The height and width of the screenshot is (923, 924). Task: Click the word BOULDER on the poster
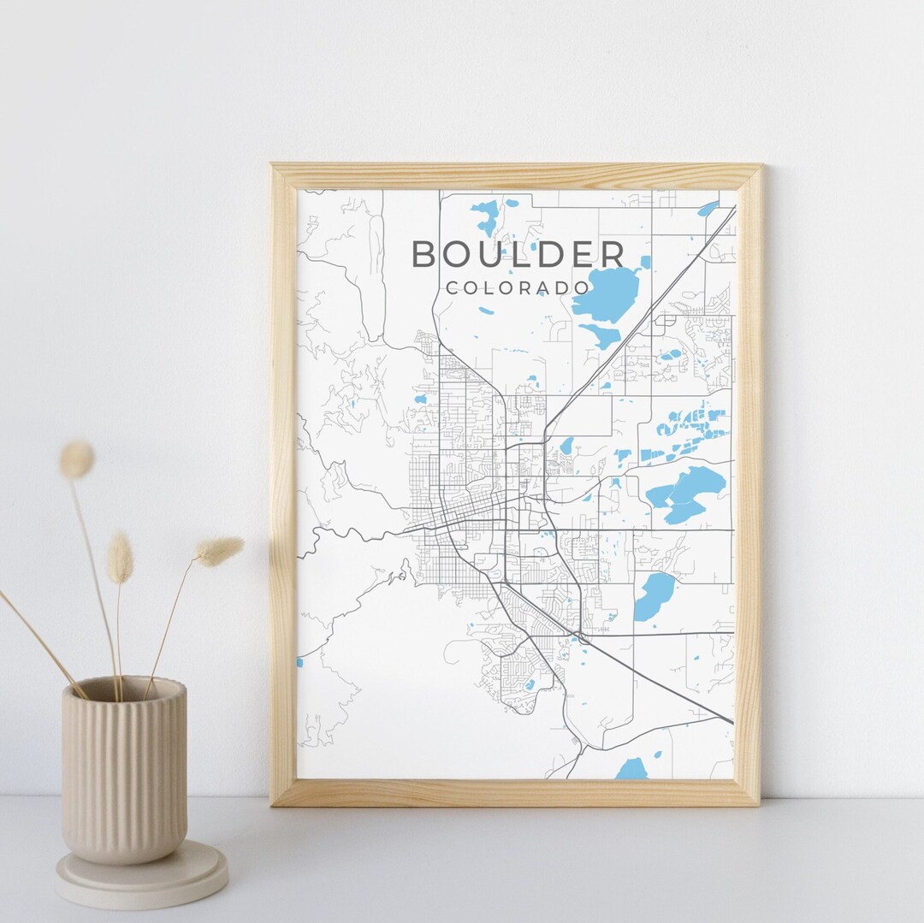click(518, 254)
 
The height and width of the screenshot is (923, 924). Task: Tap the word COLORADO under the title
click(518, 288)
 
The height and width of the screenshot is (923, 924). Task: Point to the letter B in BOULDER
click(425, 254)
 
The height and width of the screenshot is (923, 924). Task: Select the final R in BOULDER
click(612, 254)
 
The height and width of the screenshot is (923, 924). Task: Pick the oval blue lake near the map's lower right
click(654, 595)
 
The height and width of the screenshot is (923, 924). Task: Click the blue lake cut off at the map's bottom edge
click(633, 769)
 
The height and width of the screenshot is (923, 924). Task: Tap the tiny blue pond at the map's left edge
click(299, 662)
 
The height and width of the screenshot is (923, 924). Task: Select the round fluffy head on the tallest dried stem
click(76, 459)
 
